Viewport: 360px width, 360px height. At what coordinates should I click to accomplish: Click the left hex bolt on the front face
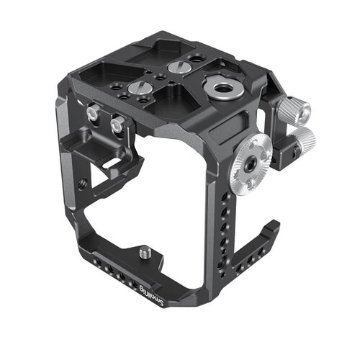pos(93,113)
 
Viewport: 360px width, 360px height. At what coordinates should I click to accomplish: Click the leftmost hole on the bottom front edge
pos(104,266)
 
